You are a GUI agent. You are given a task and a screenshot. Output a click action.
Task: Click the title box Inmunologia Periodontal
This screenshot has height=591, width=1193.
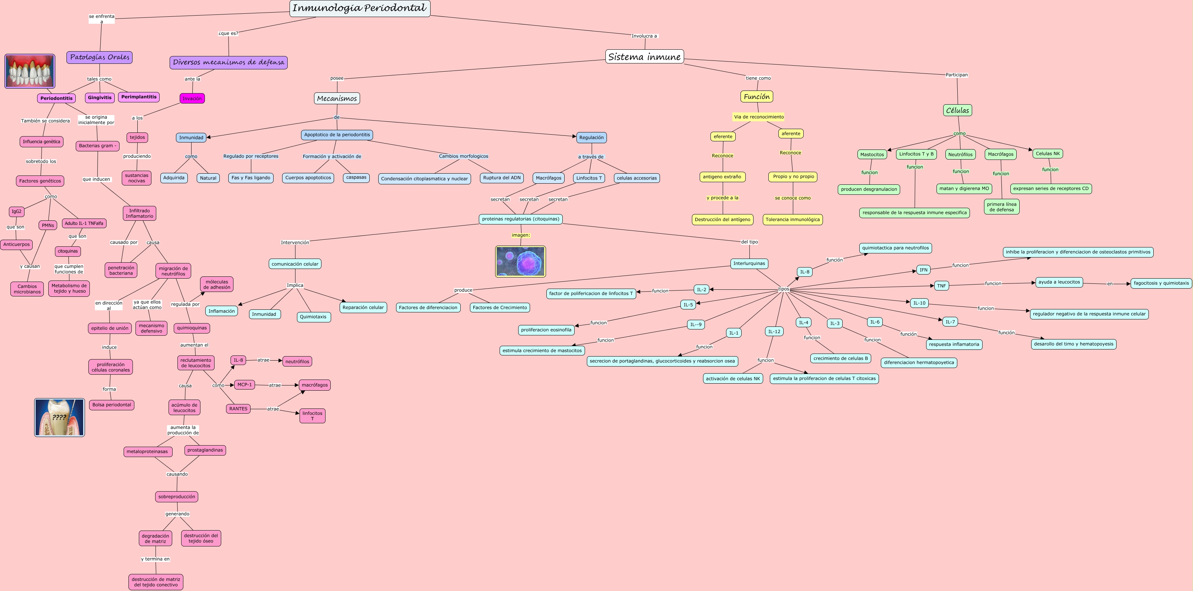click(x=359, y=8)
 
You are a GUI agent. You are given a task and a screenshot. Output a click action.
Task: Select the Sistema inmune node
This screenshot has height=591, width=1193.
click(x=644, y=56)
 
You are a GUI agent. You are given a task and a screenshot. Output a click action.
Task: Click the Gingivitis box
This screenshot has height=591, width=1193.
click(x=99, y=98)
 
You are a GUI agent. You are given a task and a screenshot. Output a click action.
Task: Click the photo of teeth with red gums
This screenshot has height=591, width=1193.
click(x=30, y=71)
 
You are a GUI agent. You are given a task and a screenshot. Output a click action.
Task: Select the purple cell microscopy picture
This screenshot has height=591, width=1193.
click(x=520, y=262)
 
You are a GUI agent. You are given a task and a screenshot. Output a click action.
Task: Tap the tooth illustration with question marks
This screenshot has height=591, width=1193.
click(x=59, y=417)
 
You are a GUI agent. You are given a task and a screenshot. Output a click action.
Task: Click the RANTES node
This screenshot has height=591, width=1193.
click(x=238, y=409)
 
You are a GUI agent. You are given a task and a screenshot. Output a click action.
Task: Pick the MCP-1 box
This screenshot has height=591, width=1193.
click(x=245, y=385)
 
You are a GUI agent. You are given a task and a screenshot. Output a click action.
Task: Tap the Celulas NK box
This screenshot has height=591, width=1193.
click(x=1047, y=154)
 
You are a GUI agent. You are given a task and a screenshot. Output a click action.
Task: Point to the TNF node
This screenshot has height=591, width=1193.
click(x=941, y=286)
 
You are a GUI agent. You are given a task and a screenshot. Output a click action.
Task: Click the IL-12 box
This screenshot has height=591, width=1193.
click(x=774, y=331)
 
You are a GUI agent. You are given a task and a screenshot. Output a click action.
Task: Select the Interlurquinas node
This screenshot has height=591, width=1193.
click(x=749, y=264)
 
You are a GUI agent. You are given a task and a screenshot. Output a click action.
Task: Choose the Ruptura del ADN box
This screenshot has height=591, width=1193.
click(x=501, y=178)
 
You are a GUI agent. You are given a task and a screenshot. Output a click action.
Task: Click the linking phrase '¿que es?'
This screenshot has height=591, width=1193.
click(x=228, y=33)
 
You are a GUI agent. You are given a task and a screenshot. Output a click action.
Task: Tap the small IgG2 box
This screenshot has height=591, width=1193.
click(x=17, y=211)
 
